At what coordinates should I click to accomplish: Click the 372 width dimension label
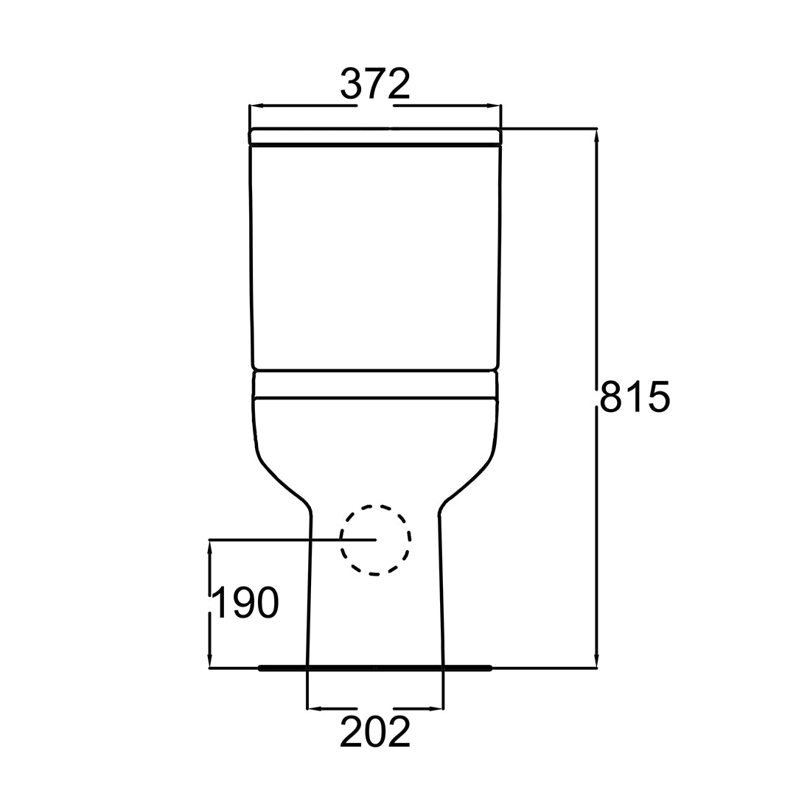click(375, 84)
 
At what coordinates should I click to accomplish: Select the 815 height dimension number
click(635, 396)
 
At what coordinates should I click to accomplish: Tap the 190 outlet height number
click(245, 603)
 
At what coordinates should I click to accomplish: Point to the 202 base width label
click(375, 732)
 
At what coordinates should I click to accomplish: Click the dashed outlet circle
click(376, 506)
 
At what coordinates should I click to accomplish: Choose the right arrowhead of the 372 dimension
click(494, 106)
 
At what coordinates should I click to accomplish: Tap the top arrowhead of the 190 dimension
click(209, 548)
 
